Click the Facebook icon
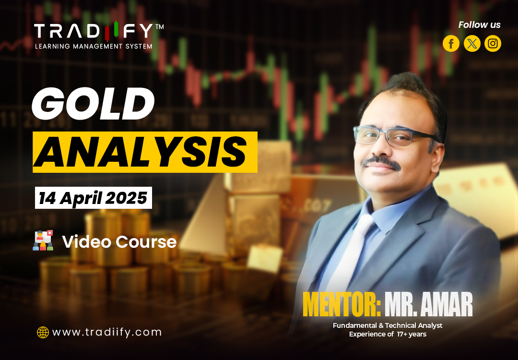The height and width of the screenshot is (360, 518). [451, 44]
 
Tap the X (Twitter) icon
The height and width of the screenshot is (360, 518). [472, 44]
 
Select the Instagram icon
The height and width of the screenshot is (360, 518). [493, 44]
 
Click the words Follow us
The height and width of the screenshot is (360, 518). [479, 25]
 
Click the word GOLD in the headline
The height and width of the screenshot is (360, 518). [93, 105]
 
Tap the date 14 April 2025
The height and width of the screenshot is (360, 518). [93, 198]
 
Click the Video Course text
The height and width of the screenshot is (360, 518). [119, 242]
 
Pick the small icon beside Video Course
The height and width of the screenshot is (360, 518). [43, 240]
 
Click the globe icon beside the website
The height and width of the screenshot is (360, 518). [43, 332]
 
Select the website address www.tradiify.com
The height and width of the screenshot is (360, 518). [106, 332]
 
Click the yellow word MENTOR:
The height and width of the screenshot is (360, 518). [341, 304]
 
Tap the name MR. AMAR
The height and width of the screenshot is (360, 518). [428, 304]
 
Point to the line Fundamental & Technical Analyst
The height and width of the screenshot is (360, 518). [388, 325]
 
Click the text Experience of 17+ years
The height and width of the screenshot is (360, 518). [388, 334]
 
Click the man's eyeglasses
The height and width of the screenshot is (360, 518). [391, 136]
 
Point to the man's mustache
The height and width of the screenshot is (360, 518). [382, 163]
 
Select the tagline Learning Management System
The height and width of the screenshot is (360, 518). [94, 46]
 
